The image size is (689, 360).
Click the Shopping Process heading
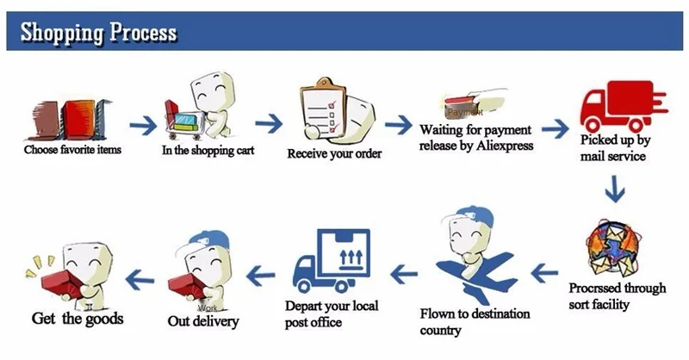tap(98, 33)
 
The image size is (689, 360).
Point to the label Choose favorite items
tap(73, 149)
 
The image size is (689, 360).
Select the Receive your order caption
tap(334, 154)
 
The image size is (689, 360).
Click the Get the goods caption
tap(77, 319)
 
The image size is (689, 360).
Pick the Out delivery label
tap(203, 321)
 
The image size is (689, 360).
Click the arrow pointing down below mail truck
tap(614, 188)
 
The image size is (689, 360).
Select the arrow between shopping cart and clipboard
tap(269, 122)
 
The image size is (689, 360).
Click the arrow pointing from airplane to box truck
tap(404, 275)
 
